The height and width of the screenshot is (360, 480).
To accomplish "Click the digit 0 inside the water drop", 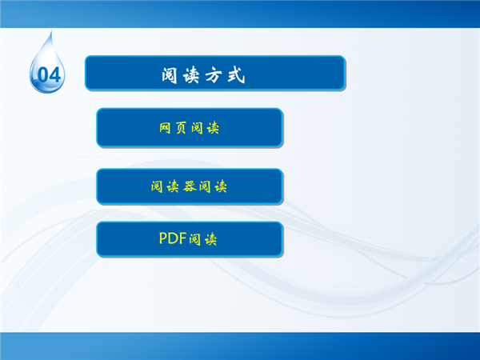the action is click(x=44, y=75).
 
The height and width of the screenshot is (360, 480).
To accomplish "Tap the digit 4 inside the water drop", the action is click(x=55, y=75).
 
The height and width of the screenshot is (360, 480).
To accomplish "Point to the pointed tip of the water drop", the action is click(x=51, y=30).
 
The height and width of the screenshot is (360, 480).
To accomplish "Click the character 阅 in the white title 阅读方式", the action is click(x=170, y=75).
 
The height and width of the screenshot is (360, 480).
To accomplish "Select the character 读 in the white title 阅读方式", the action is click(x=191, y=75).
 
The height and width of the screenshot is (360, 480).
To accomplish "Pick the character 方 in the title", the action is click(x=214, y=75).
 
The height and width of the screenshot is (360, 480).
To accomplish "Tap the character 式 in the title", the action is click(x=236, y=75).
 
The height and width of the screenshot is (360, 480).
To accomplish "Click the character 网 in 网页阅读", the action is click(x=165, y=128).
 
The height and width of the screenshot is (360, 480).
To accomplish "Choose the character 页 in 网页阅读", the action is click(x=181, y=128).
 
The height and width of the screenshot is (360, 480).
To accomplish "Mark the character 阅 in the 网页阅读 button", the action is click(x=197, y=128).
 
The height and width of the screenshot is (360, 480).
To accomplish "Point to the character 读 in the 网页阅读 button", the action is click(x=213, y=128).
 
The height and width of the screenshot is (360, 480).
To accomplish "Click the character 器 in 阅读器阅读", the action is click(x=190, y=186).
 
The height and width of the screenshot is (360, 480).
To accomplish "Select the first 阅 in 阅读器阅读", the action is click(x=157, y=186).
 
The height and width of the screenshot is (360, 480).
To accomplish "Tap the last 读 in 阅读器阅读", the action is click(x=221, y=186).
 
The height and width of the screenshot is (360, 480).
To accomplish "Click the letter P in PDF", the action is click(x=163, y=238).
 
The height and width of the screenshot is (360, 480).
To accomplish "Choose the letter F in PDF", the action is click(x=182, y=238).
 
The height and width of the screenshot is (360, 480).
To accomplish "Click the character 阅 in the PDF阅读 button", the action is click(x=194, y=239).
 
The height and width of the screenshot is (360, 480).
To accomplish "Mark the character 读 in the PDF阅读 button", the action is click(x=210, y=239).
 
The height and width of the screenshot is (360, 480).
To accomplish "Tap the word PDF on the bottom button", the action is click(x=173, y=238).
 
